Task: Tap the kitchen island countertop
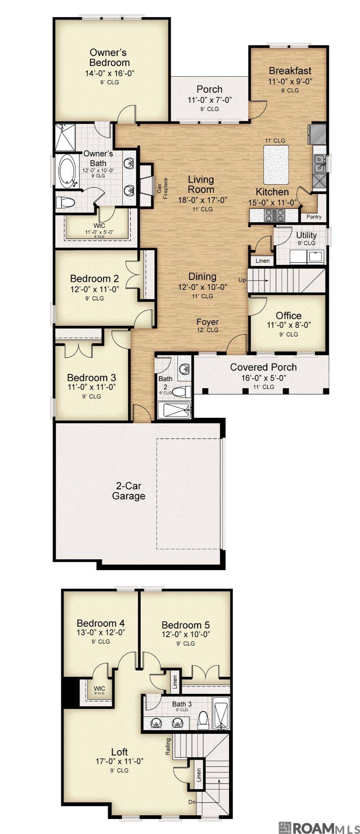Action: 276,165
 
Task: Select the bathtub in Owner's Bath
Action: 66,171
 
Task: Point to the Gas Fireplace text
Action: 162,188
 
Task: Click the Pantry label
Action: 314,216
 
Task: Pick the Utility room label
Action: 306,235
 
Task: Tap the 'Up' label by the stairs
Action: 242,280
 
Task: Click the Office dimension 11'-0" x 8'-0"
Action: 289,325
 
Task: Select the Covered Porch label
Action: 263,367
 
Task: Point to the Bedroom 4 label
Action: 101,623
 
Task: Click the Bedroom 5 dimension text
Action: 186,634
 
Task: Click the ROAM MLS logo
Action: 318,827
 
